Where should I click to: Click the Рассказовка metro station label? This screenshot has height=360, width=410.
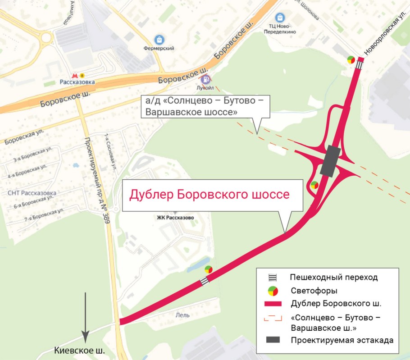pyautogui.click(x=77, y=82)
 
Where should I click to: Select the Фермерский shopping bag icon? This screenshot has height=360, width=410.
pyautogui.click(x=158, y=40)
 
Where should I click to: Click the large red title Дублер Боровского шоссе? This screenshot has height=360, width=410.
pyautogui.click(x=209, y=195)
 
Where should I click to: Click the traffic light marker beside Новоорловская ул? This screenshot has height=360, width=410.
pyautogui.click(x=351, y=59)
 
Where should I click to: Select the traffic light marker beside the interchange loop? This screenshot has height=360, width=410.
pyautogui.click(x=314, y=185)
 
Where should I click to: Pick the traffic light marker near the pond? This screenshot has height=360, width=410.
pyautogui.click(x=208, y=269)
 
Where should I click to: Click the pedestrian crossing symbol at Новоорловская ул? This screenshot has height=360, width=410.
pyautogui.click(x=359, y=65)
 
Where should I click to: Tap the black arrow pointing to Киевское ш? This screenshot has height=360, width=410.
pyautogui.click(x=85, y=316)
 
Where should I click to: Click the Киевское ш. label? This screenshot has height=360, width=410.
pyautogui.click(x=79, y=350)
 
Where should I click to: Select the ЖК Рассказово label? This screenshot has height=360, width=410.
pyautogui.click(x=176, y=218)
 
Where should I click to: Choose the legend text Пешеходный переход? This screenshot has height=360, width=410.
pyautogui.click(x=333, y=277)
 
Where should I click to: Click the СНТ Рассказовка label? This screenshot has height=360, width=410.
pyautogui.click(x=32, y=193)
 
